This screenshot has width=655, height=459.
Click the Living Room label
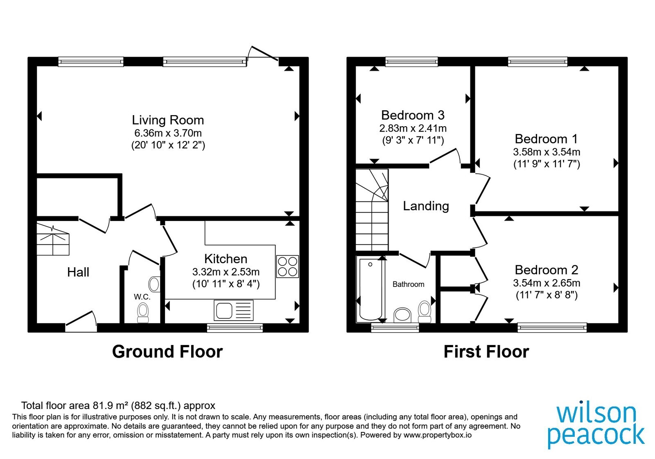point(168,120)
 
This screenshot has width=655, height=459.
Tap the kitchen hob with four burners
point(288,266)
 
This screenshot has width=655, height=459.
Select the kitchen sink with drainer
point(234,310)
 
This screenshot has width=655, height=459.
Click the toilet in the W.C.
point(143,313)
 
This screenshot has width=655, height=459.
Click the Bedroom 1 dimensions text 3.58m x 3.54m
point(547,152)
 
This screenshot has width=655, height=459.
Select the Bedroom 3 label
point(413,115)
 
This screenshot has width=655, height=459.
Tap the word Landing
point(426,206)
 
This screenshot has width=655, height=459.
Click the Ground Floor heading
point(167,352)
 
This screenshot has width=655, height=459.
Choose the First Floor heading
point(486,352)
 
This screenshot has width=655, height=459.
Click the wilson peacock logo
point(596,426)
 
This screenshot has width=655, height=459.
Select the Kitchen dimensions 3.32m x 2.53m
point(226,272)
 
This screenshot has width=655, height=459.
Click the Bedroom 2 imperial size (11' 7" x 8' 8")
point(547,295)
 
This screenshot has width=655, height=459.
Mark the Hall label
point(78,272)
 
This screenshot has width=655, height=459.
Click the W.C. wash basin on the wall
point(154,284)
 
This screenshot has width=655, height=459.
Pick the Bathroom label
point(408,284)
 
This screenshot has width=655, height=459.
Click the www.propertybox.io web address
point(438,435)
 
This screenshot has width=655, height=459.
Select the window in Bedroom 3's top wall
point(411,61)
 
